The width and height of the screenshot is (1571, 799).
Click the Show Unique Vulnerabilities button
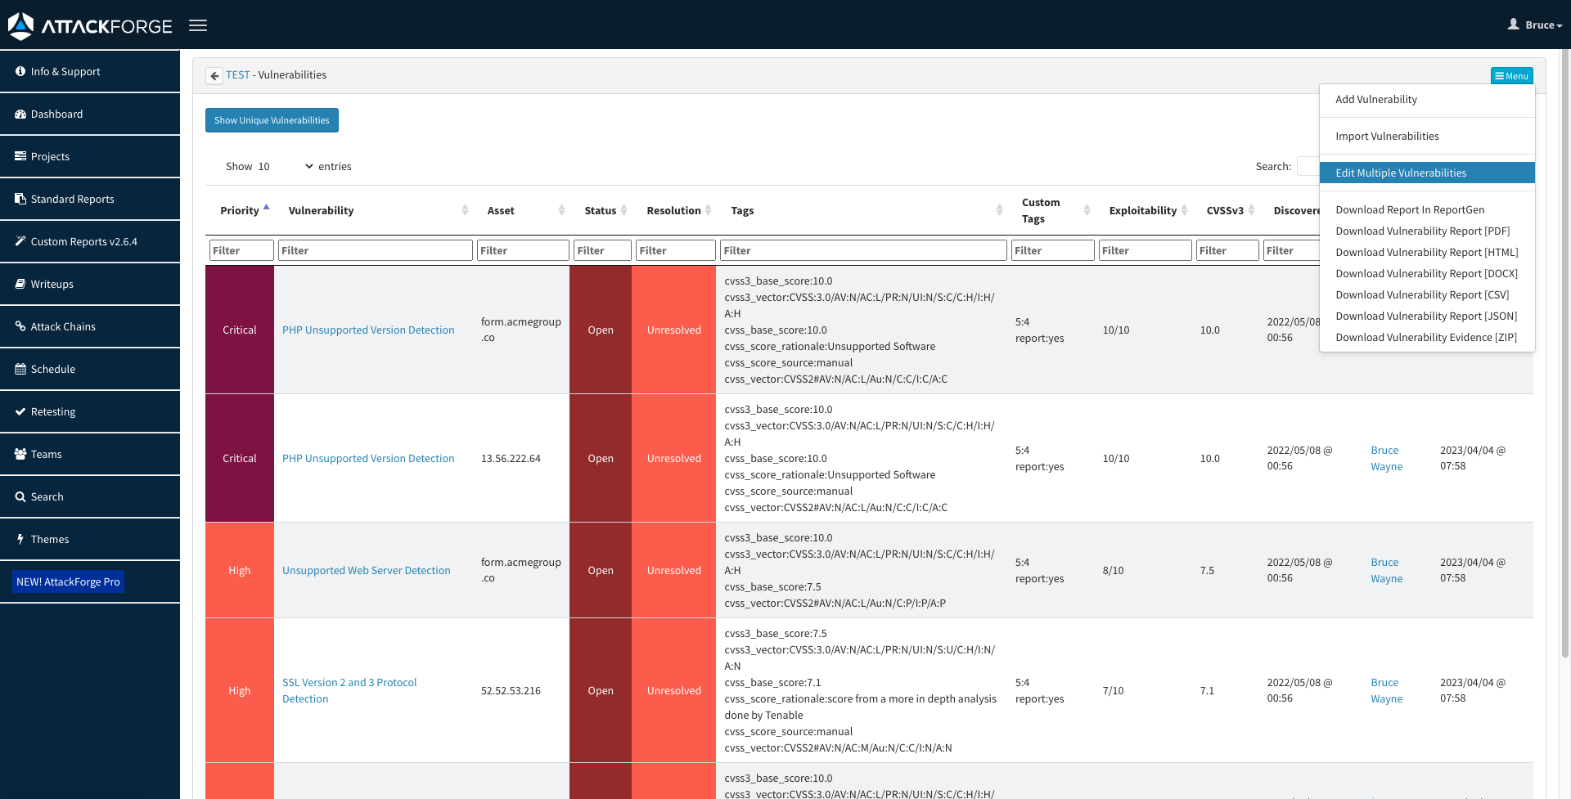point(272,120)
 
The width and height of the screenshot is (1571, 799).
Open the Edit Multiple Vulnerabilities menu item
point(1401,173)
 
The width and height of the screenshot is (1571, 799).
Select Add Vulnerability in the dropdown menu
point(1376,99)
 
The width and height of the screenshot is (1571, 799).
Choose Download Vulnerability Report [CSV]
point(1422,294)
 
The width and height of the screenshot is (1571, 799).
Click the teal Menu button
point(1511,76)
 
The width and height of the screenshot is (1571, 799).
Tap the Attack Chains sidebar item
point(63,326)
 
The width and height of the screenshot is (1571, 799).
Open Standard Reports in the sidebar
point(72,199)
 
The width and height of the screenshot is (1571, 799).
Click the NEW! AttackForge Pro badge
point(68,581)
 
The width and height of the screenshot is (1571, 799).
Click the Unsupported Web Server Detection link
point(366,570)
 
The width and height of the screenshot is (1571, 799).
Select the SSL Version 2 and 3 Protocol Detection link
point(349,682)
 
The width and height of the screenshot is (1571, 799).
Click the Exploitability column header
point(1142,210)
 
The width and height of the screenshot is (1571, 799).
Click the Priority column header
point(239,210)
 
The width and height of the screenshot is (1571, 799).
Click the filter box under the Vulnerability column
point(375,250)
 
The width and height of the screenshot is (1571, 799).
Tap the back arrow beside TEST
point(214,75)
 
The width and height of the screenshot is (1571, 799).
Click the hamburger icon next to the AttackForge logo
point(198,25)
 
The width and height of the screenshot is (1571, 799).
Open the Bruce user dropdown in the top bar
point(1535,25)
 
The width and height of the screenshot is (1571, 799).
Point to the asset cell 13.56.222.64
point(511,458)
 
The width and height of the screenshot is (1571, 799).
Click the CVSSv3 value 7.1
point(1207,690)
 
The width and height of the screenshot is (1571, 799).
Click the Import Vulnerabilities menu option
point(1387,136)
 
